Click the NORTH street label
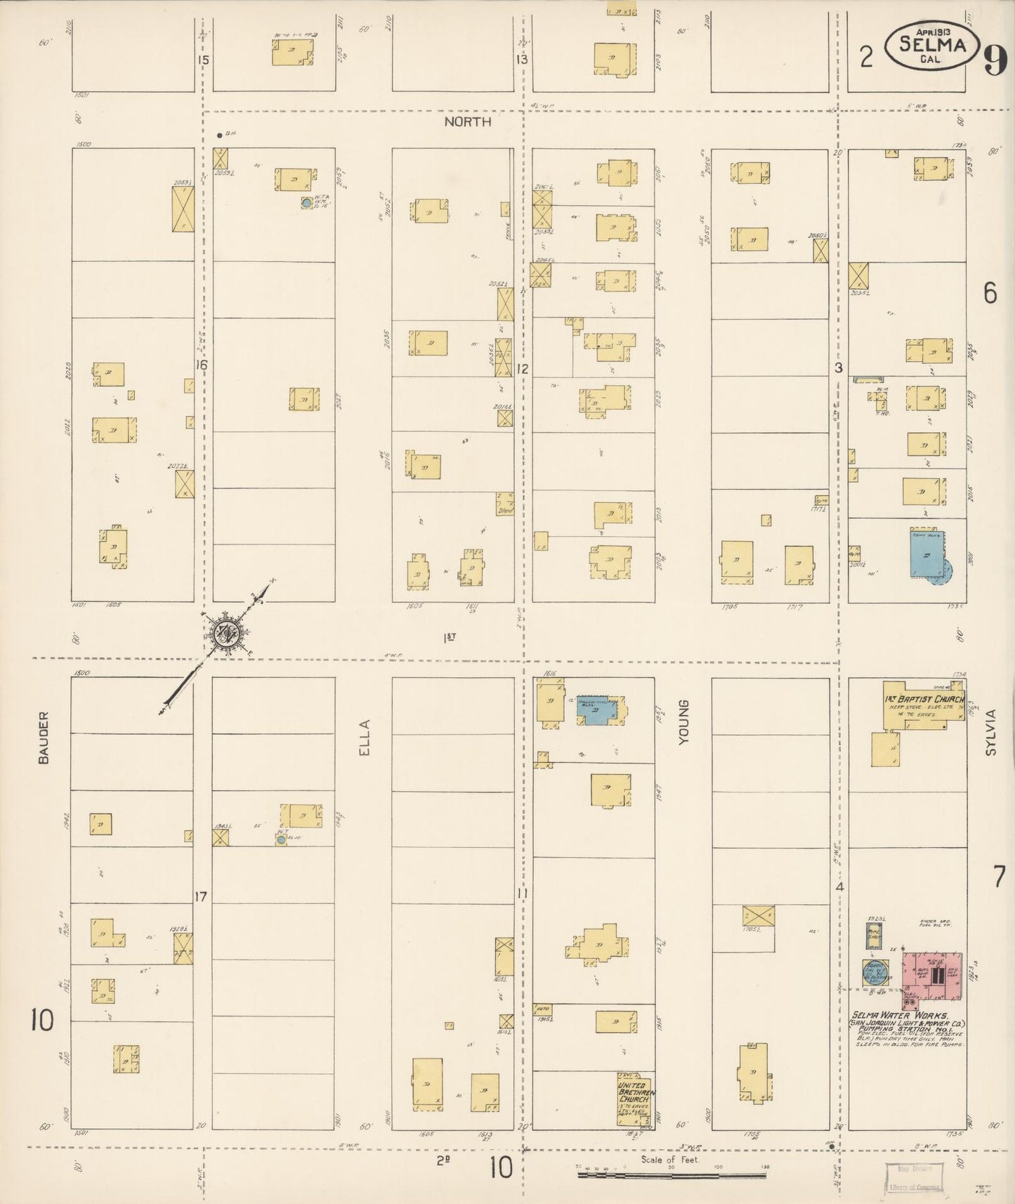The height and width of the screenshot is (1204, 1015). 467,122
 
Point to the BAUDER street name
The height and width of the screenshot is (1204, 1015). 44,738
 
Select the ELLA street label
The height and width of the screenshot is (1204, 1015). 364,738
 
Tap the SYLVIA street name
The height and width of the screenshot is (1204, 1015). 991,732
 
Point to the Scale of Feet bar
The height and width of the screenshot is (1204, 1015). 672,1174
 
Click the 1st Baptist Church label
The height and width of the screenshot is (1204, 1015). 924,700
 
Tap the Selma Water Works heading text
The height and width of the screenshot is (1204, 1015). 900,1015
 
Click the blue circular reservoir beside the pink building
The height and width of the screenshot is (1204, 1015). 875,972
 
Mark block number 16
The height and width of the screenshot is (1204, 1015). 202,365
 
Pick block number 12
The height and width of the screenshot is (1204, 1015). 522,369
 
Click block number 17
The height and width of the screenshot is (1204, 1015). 201,896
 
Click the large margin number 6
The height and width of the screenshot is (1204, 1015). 990,293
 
